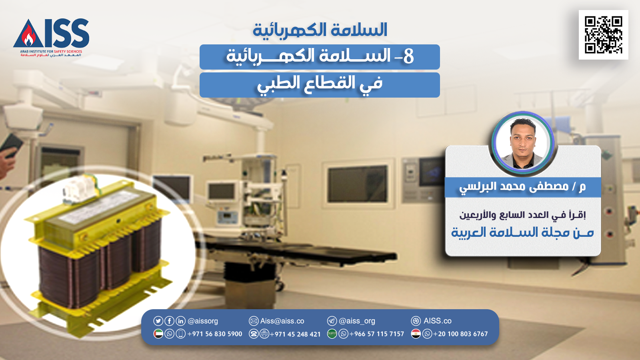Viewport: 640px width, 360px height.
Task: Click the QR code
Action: point(604,35)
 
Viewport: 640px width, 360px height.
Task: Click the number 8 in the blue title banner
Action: point(408,56)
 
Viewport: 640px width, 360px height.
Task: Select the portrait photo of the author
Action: point(522,143)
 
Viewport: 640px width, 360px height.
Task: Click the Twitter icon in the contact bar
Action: point(158,321)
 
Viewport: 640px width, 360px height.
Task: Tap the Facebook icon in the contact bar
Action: point(169,321)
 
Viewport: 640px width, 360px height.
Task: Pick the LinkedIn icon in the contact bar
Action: point(180,321)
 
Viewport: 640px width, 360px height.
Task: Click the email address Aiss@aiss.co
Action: point(282,321)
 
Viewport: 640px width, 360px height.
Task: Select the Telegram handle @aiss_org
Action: point(357,321)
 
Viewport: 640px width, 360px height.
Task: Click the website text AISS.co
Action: point(438,321)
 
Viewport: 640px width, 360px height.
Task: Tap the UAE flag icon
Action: point(158,334)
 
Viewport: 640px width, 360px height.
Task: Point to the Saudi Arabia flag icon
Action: point(332,334)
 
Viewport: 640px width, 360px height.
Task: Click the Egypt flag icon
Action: point(416,334)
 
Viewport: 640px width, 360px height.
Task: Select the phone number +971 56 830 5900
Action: point(214,334)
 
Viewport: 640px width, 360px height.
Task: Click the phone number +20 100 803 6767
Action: point(460,334)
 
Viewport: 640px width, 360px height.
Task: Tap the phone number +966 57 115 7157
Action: point(376,334)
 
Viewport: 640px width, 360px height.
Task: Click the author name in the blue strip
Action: point(522,187)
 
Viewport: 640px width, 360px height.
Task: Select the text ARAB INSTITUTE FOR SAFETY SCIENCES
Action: point(51,52)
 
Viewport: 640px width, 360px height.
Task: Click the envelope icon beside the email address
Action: point(254,321)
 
